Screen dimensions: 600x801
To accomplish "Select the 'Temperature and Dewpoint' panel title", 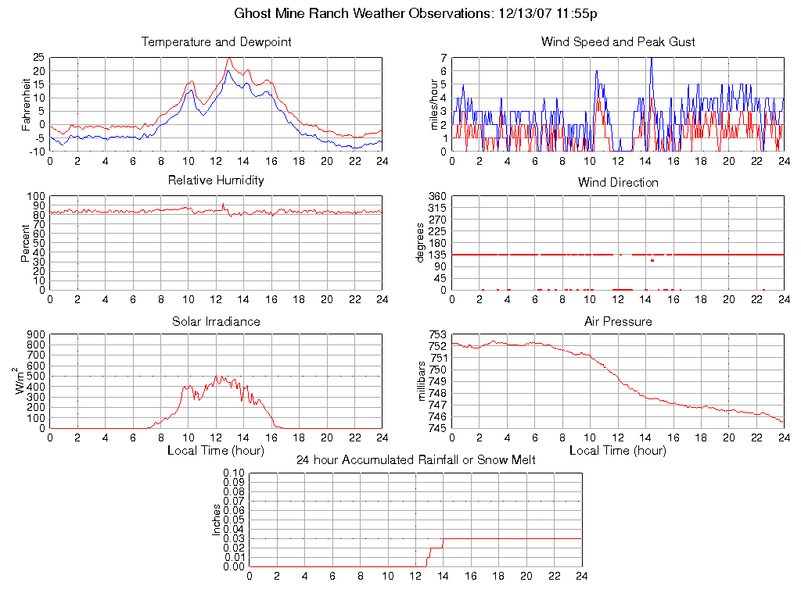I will tap(216, 42).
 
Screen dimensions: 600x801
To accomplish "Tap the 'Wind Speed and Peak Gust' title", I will tap(618, 42).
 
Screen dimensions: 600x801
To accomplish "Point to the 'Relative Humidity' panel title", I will tap(216, 180).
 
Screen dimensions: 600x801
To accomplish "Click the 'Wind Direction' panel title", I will tap(618, 183).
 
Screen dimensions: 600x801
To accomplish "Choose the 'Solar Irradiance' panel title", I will tap(216, 322).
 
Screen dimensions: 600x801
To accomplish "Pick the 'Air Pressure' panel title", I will tap(618, 322).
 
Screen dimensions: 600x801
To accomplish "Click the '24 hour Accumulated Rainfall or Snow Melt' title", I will tap(416, 460).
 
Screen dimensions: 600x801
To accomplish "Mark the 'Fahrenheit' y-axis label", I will tap(27, 104).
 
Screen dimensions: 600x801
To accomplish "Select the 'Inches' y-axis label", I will tap(217, 520).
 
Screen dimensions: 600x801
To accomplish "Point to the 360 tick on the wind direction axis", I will tap(436, 196).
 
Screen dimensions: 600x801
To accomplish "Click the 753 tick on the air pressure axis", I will tap(436, 335).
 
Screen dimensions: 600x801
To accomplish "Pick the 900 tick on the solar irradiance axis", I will tap(36, 335).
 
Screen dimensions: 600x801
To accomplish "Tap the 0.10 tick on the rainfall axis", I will tap(234, 473).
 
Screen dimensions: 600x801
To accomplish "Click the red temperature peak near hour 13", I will tap(229, 59).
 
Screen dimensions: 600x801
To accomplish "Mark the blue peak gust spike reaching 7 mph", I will tap(651, 59).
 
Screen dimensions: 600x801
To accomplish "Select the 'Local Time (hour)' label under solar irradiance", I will tap(216, 451).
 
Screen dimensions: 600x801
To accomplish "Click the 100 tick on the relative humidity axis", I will tap(36, 196).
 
